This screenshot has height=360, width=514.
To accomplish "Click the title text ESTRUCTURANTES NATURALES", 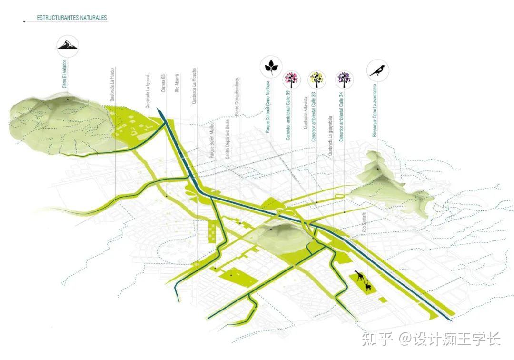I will pyautogui.click(x=72, y=18).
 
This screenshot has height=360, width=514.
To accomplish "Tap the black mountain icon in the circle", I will pyautogui.click(x=68, y=45).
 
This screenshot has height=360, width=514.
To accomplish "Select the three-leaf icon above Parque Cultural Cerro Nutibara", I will pyautogui.click(x=271, y=67).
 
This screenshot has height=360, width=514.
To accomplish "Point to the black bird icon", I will pyautogui.click(x=379, y=71).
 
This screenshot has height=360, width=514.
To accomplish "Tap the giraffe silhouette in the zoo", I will pyautogui.click(x=359, y=277).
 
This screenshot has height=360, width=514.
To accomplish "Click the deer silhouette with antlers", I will pyautogui.click(x=367, y=286).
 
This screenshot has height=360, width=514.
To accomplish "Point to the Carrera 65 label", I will pyautogui.click(x=163, y=83).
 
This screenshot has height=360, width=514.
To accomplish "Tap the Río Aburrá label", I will pyautogui.click(x=177, y=83).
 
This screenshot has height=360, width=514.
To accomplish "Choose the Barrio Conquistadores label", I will pyautogui.click(x=237, y=97).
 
